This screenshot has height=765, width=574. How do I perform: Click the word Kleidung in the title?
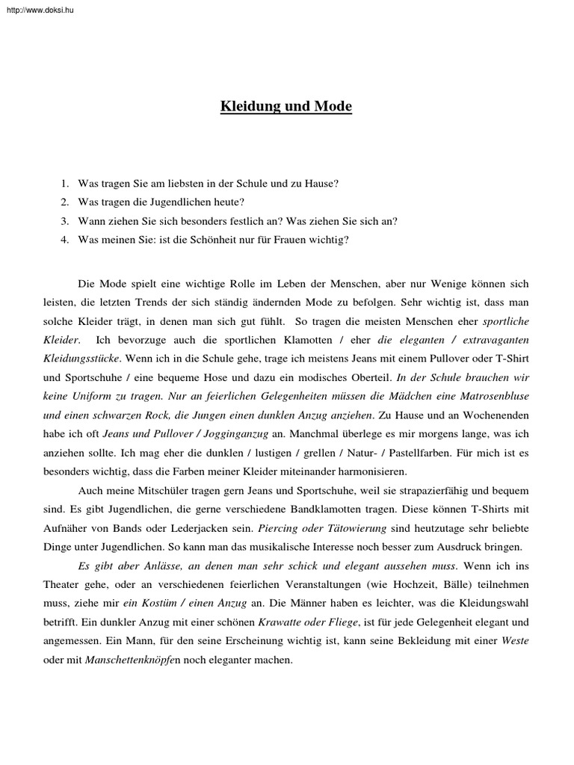[x=247, y=107]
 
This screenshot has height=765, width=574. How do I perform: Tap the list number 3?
[x=65, y=220]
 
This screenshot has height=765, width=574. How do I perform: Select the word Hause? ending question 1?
[x=322, y=182]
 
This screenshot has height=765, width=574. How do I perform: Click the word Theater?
[x=61, y=583]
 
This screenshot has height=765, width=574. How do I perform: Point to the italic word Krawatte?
[x=280, y=621]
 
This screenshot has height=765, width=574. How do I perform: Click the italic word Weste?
[x=515, y=640]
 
